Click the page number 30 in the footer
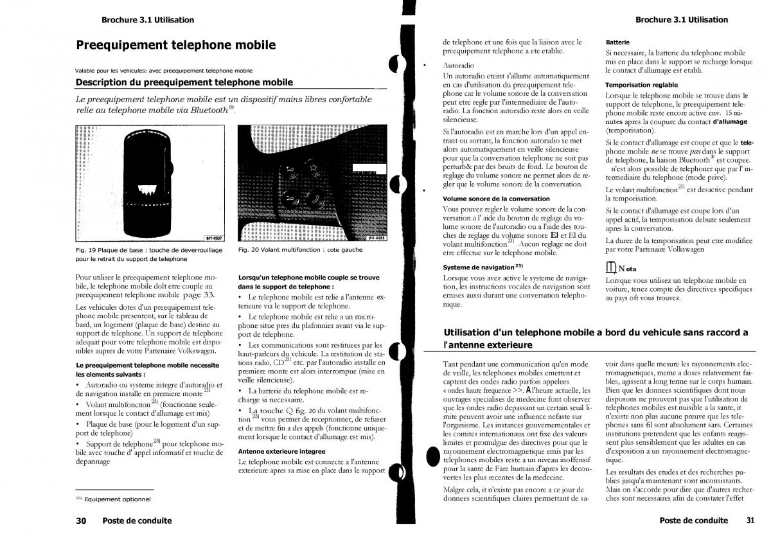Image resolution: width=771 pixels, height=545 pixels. click(82, 521)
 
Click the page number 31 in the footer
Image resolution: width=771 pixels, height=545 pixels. click(750, 520)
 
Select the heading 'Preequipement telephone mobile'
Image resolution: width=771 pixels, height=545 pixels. click(175, 45)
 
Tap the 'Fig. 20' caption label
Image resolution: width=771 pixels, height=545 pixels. click(248, 250)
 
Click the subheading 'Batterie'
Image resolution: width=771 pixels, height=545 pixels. click(617, 42)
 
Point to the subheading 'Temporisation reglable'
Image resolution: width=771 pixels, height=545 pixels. click(641, 84)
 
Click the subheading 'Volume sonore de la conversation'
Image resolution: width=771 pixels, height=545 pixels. click(496, 199)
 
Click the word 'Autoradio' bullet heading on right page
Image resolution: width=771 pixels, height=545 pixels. click(459, 66)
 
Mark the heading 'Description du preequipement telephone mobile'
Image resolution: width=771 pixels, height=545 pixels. click(184, 82)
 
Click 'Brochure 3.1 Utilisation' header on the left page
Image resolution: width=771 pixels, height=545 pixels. click(147, 20)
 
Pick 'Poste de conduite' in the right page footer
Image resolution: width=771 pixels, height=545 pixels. click(693, 521)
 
